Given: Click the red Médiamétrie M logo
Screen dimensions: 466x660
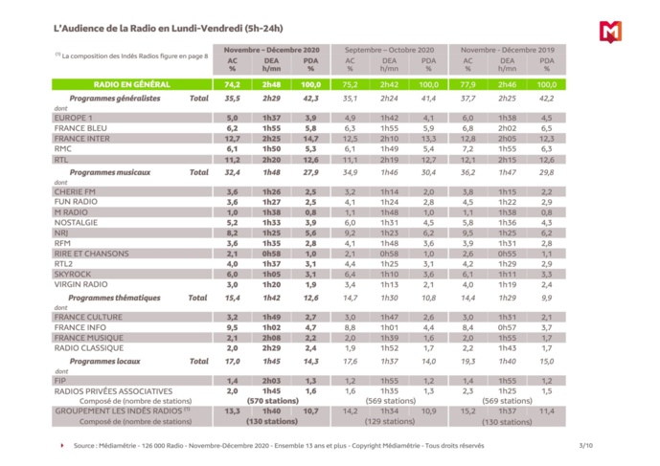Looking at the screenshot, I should (x=610, y=31).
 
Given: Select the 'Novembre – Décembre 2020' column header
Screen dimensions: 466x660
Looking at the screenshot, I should (x=271, y=48).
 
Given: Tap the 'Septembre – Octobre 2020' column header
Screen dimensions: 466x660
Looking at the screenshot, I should (x=389, y=48).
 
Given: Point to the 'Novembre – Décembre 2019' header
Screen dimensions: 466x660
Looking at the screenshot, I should (x=507, y=48).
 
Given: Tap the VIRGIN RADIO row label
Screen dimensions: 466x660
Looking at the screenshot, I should (x=81, y=284).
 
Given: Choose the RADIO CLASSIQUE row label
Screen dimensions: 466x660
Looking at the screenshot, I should (x=88, y=349).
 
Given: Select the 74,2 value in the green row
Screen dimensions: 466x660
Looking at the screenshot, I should (x=233, y=84).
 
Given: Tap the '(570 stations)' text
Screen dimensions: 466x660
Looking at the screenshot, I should (x=271, y=401).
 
